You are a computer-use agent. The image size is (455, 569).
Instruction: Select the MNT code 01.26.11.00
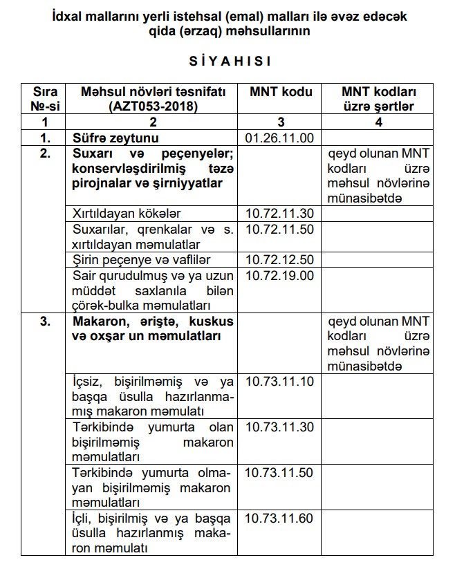click(279, 138)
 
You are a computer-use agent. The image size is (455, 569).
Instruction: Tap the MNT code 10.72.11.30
click(279, 213)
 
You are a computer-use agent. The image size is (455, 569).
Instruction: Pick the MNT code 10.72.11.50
click(279, 229)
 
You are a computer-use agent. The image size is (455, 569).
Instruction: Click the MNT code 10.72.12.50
click(279, 259)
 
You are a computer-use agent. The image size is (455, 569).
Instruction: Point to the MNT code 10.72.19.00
click(279, 275)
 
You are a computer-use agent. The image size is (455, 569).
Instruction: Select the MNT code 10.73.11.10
click(279, 382)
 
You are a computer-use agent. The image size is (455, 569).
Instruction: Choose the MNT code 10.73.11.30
click(279, 427)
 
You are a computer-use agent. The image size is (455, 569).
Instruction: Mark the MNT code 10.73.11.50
click(279, 473)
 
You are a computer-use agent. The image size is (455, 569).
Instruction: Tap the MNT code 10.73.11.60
click(279, 518)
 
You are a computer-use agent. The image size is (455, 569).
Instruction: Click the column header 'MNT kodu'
click(279, 92)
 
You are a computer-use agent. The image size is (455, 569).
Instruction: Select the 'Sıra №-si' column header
click(44, 99)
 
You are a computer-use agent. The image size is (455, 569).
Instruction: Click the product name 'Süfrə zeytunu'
click(111, 138)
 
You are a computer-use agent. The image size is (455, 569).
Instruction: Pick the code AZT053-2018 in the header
click(153, 106)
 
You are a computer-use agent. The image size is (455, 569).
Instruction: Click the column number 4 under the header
click(378, 122)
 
